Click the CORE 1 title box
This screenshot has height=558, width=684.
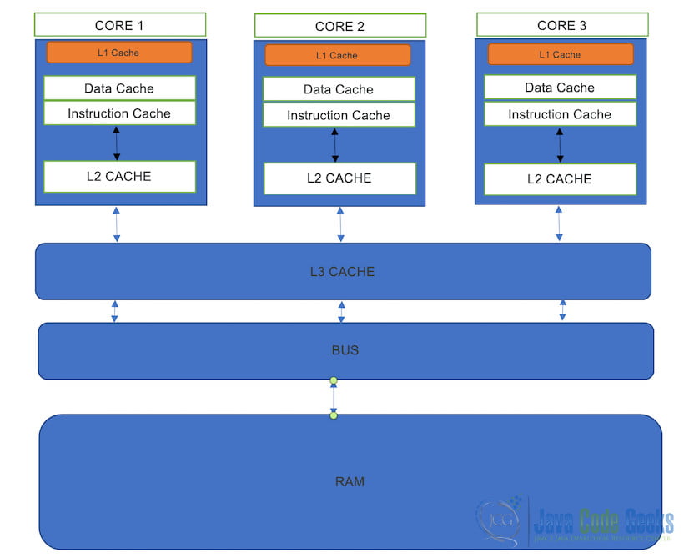pyautogui.click(x=119, y=25)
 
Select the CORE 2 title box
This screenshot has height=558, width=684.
pyautogui.click(x=339, y=26)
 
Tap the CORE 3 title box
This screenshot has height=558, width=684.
pyautogui.click(x=561, y=25)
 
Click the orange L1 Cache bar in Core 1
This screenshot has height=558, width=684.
pyautogui.click(x=119, y=53)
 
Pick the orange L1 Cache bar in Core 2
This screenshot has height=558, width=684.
pyautogui.click(x=338, y=56)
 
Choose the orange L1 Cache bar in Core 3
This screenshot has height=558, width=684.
pyautogui.click(x=560, y=54)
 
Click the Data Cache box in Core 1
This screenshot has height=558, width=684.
pyautogui.click(x=119, y=88)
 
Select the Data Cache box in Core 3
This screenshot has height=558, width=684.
pyautogui.click(x=560, y=88)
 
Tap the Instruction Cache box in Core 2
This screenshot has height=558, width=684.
pyautogui.click(x=339, y=115)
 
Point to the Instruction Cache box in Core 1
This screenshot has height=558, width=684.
pyautogui.click(x=119, y=113)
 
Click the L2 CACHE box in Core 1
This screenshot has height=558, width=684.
pyautogui.click(x=119, y=177)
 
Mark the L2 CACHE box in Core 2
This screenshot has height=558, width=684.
pyautogui.click(x=339, y=178)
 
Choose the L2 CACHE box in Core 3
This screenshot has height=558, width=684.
pyautogui.click(x=560, y=179)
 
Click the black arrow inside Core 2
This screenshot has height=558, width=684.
pyautogui.click(x=335, y=145)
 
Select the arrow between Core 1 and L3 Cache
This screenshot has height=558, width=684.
pyautogui.click(x=117, y=224)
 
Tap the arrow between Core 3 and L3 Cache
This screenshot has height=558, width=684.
pyautogui.click(x=559, y=224)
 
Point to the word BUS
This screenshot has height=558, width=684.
pyautogui.click(x=345, y=350)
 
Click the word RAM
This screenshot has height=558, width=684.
pyautogui.click(x=350, y=481)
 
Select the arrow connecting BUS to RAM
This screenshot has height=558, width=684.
pyautogui.click(x=334, y=398)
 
